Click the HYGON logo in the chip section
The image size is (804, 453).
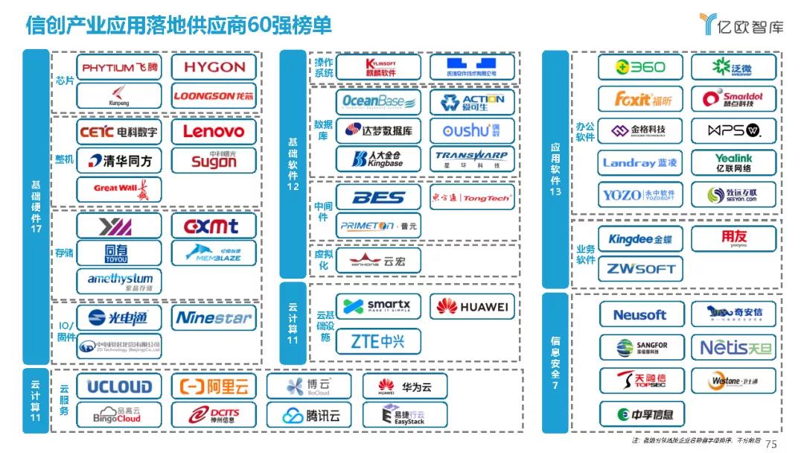214,67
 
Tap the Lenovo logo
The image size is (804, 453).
214,132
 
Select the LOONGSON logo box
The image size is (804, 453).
214,95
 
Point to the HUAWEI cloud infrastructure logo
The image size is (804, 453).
472,306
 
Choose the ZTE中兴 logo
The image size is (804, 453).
378,341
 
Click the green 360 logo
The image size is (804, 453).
639,67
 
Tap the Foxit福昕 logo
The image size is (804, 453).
639,98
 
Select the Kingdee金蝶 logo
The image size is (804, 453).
639,239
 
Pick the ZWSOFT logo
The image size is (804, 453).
639,268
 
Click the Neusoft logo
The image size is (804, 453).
639,314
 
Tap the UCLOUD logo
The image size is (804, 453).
119,387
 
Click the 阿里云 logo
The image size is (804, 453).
214,387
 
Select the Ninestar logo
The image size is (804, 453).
214,318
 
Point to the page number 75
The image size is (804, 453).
770,444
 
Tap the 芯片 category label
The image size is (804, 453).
65,80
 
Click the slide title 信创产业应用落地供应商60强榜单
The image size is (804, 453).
179,25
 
